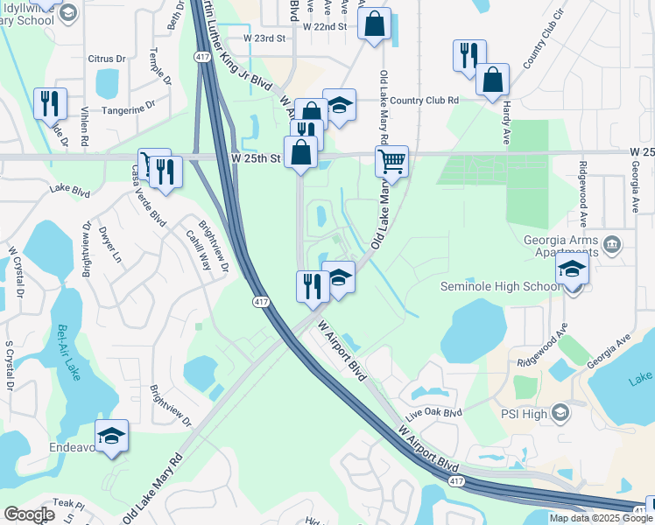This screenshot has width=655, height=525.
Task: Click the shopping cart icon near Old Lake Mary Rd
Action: coord(391,161)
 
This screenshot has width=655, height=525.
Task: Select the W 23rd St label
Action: coord(264,38)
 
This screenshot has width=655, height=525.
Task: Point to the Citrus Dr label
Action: coord(107,59)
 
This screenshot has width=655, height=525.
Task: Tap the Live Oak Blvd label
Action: coord(438,413)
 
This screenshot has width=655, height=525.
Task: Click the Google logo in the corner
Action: coord(28,514)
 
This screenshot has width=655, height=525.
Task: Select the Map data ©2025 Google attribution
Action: coord(602,518)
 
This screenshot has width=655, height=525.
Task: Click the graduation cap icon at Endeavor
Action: coord(112,436)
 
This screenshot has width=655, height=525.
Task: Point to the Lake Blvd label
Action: coord(70,189)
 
